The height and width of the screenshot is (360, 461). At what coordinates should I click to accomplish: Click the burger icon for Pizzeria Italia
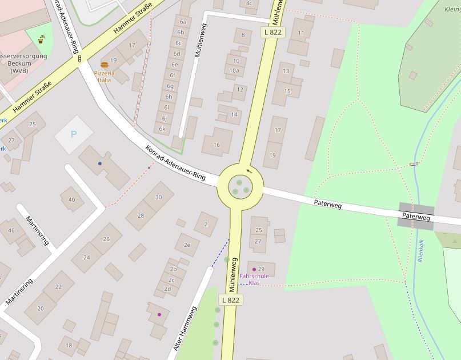pos(105,65)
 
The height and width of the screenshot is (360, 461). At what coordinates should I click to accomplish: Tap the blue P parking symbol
pos(73,134)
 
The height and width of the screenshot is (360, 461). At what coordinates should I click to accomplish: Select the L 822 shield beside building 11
pos(272,33)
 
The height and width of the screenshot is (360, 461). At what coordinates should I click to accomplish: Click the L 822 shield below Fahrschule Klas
pos(230,300)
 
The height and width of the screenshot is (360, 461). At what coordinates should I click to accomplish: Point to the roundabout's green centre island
pos(240,186)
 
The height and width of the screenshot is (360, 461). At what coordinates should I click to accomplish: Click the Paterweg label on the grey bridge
pos(416,217)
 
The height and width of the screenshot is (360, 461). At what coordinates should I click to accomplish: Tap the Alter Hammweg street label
pos(185,328)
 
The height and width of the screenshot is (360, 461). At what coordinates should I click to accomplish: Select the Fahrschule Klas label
pos(254,279)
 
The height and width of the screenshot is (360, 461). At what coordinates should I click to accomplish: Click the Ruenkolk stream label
pos(421,250)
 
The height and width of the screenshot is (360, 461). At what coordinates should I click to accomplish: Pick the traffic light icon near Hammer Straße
pos(79,58)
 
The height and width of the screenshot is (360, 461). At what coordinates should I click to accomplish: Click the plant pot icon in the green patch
pos(42,39)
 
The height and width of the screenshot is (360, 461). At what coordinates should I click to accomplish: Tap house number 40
pos(71,199)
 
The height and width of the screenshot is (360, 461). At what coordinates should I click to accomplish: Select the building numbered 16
pos(217,145)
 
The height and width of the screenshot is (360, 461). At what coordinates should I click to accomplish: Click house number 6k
pos(162,129)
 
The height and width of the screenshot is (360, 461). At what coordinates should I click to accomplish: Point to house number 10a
pos(234,70)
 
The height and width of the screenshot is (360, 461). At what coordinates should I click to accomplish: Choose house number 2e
pos(187,245)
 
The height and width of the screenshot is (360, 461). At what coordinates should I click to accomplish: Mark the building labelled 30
pos(158,197)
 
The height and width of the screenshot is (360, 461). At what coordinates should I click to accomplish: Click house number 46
pos(11,231)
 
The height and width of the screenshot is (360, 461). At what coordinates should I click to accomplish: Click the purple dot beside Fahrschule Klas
pos(254,269)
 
